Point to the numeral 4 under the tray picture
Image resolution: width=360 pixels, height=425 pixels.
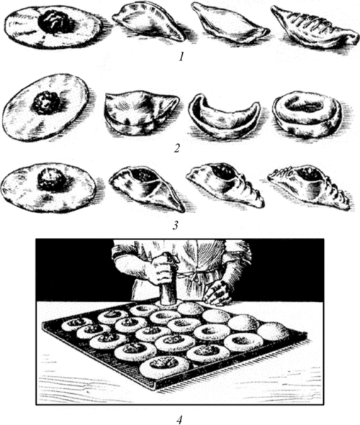point(180,418)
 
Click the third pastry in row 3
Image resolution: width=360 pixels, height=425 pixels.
point(224,186)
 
